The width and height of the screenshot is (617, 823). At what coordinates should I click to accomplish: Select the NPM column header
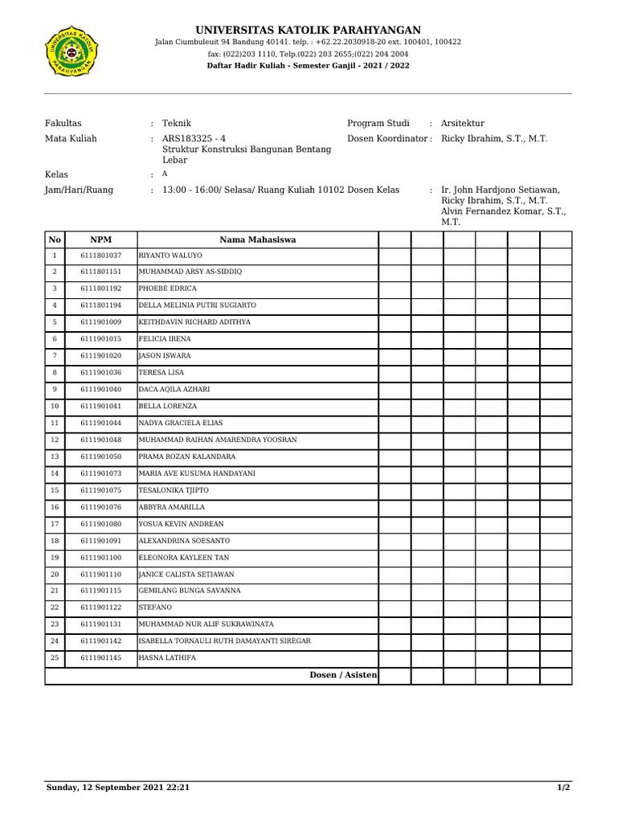point(100,240)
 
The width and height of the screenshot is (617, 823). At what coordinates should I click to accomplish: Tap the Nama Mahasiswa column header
point(257,240)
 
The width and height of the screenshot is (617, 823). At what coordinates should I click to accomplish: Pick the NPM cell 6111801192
point(100,289)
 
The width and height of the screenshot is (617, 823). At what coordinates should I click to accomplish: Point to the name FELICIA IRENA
point(165,339)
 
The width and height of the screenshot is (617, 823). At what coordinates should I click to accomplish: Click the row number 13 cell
point(55,457)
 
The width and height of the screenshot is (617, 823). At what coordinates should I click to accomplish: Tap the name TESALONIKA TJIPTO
point(174,490)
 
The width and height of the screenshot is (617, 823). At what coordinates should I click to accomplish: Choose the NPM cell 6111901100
point(100,557)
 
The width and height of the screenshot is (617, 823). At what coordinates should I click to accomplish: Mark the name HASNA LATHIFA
point(166,658)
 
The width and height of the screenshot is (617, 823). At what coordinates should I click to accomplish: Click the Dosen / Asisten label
point(343,675)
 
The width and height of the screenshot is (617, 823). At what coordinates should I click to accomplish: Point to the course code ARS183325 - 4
point(194,138)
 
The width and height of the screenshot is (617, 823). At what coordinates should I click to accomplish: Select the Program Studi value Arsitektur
point(463,123)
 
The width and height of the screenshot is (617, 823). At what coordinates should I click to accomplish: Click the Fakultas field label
point(63,123)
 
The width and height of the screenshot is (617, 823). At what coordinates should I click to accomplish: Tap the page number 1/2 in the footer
point(563,788)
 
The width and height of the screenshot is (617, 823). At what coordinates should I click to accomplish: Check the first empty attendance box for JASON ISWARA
point(394,356)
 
